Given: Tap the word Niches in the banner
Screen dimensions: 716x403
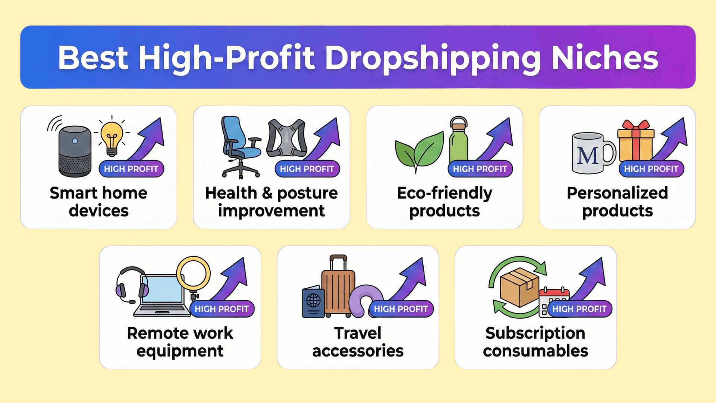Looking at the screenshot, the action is point(605,58).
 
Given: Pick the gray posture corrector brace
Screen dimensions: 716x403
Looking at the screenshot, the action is point(286,138).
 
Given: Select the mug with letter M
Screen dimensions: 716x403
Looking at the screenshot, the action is point(593,153).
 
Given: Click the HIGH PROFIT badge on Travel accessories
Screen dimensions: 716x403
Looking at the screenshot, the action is point(401,309).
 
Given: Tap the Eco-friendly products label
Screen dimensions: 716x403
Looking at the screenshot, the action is point(445,202).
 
